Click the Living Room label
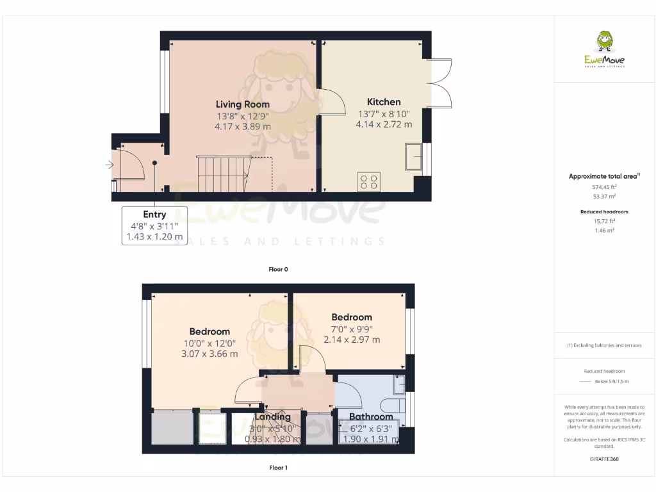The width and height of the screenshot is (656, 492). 242,104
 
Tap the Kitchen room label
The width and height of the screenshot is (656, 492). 384,102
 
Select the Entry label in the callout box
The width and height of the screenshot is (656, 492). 154,215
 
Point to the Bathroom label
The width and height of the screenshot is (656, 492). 371,416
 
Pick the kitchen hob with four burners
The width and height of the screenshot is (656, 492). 369,182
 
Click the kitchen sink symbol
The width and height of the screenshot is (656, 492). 413,157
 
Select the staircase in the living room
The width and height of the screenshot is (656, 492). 222,174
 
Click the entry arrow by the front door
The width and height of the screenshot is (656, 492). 110,165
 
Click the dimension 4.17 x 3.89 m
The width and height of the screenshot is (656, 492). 242,127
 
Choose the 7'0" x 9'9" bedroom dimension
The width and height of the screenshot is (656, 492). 352,329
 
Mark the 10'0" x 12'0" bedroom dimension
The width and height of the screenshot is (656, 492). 209,343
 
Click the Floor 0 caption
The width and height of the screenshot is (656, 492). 278,270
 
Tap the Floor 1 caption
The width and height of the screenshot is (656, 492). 278,468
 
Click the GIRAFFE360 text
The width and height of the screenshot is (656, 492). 604,459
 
